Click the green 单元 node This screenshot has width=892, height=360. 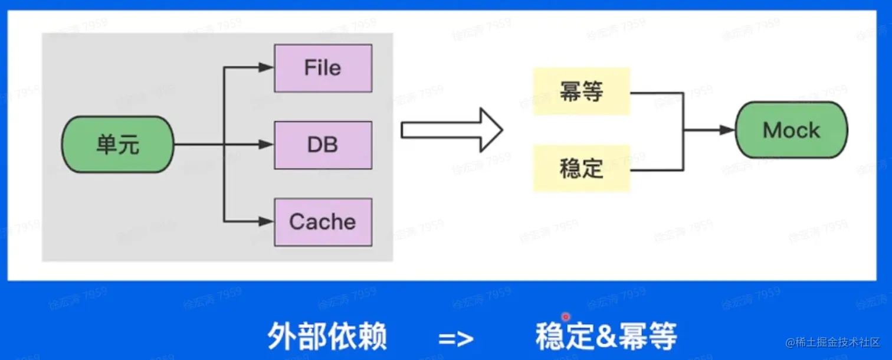118,145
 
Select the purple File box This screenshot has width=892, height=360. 323,68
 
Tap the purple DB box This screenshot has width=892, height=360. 323,145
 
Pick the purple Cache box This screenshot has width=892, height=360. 323,222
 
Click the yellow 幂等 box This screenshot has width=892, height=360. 581,91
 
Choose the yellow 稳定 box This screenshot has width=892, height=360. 581,168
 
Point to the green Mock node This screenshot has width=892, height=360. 791,130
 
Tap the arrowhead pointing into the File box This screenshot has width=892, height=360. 267,68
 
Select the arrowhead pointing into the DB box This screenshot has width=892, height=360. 267,145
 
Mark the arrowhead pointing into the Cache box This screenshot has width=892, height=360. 267,222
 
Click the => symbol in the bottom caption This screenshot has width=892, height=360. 456,338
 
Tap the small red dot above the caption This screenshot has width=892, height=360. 566,317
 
